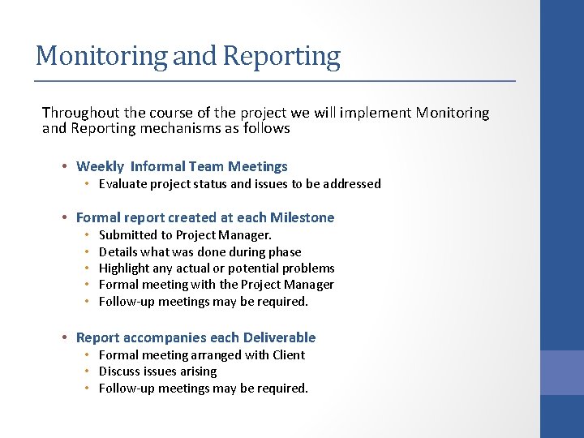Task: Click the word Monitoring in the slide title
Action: click(101, 56)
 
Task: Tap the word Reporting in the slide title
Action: click(281, 56)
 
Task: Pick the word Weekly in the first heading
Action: click(100, 166)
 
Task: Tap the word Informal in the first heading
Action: click(157, 166)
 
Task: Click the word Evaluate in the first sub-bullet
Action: click(122, 184)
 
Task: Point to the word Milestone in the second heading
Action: click(303, 217)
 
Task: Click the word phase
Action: click(286, 252)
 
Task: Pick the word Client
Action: click(288, 355)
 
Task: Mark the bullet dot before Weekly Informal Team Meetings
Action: click(63, 167)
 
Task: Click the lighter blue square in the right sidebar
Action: click(561, 372)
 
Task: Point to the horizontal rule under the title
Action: click(274, 81)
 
